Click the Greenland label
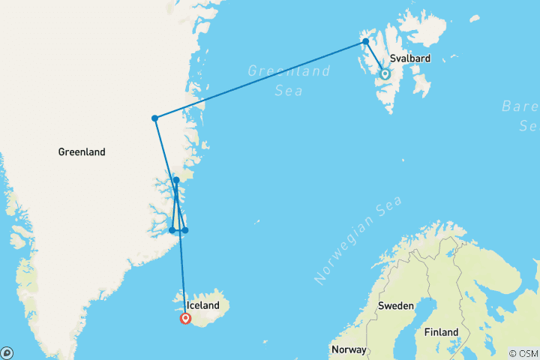82,152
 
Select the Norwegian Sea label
358,239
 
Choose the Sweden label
395,306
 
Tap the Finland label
442,331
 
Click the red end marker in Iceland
185,319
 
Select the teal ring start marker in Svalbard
385,74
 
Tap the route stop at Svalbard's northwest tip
365,41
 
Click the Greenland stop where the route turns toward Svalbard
154,118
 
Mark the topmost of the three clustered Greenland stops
176,180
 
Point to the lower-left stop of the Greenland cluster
172,230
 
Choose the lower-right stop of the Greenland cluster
185,230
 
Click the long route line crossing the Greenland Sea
259,79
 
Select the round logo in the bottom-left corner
7,352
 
